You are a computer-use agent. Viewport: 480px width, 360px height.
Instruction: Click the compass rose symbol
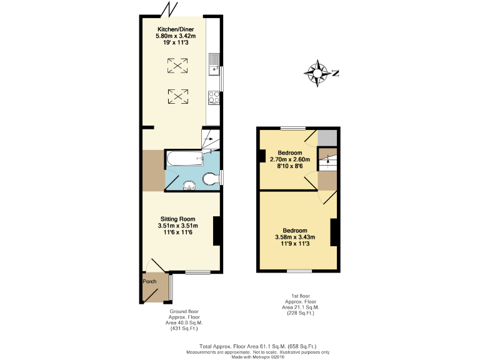[318, 73]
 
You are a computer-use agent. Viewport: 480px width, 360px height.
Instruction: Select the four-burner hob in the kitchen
[214, 97]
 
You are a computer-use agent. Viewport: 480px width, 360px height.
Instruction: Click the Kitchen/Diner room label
[175, 29]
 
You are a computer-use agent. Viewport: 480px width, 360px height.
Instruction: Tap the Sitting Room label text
[177, 219]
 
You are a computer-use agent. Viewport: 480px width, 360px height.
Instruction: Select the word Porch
[150, 281]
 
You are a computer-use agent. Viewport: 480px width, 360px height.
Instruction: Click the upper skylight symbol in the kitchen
[177, 64]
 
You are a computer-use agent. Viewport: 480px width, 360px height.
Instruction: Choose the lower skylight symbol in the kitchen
[177, 96]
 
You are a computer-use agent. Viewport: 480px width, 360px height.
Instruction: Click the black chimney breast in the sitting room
[217, 231]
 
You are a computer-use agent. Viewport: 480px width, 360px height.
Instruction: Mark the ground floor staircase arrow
[211, 139]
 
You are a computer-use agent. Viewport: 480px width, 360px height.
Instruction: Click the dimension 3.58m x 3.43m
[294, 237]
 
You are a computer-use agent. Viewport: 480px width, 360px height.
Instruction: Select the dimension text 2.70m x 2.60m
[290, 159]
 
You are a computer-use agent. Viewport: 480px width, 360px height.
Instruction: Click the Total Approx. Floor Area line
[257, 346]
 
